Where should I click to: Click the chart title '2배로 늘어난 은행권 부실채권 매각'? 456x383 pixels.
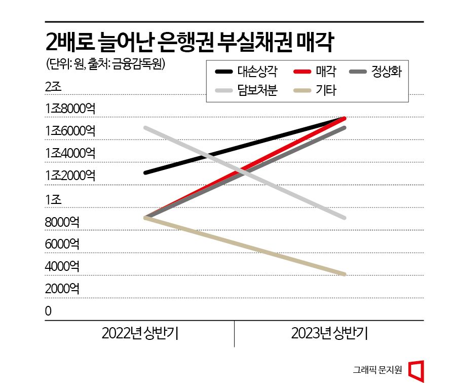[x=188, y=43]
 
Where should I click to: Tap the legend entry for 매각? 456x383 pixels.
[x=316, y=72]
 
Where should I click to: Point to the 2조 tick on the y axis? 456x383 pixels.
[x=53, y=87]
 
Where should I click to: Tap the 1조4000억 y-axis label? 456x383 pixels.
[x=70, y=153]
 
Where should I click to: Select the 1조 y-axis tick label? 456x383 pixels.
[x=53, y=199]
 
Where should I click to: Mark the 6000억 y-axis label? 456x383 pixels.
[x=62, y=244]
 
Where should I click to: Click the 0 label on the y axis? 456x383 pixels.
[x=48, y=311]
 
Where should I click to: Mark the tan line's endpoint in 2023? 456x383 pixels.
[x=344, y=274]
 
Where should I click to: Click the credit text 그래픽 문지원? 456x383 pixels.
[x=378, y=369]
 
